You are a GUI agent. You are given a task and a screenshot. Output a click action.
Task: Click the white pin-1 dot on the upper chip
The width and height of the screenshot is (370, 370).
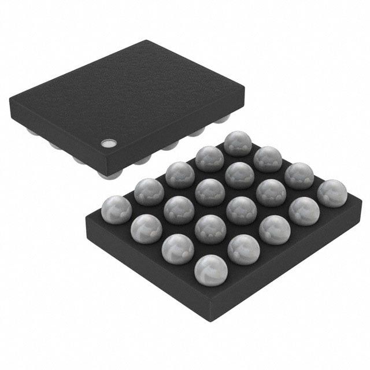[108, 142]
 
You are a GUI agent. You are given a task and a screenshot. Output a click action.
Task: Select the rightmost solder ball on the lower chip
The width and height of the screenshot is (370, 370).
[328, 193]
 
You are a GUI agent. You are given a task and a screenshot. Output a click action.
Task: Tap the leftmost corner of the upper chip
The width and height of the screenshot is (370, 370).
[10, 103]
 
